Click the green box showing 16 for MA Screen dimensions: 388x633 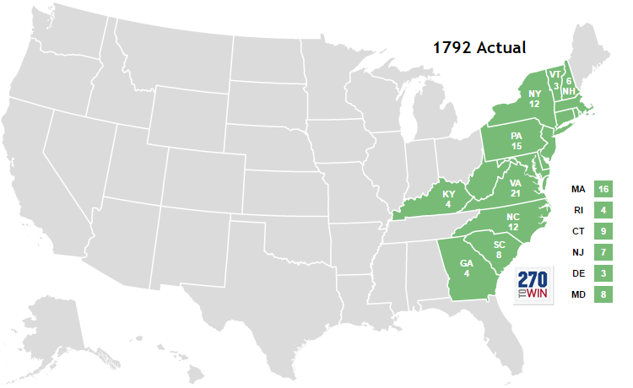602,189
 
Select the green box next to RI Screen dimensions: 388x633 602,210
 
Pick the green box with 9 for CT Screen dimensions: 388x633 602,231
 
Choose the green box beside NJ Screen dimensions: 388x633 602,252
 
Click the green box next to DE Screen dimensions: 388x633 602,273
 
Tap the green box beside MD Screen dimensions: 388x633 602,294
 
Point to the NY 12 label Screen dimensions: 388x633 534,98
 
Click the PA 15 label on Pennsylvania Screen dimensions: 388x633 516,141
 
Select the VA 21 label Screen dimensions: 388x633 515,188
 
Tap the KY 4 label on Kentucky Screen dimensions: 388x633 448,199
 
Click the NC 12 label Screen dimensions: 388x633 512,222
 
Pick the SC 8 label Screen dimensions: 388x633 499,250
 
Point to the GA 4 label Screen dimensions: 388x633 466,267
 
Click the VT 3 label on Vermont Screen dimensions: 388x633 555,79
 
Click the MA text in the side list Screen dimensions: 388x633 578,189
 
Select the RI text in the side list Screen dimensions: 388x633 578,210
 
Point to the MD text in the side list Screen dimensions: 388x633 578,294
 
